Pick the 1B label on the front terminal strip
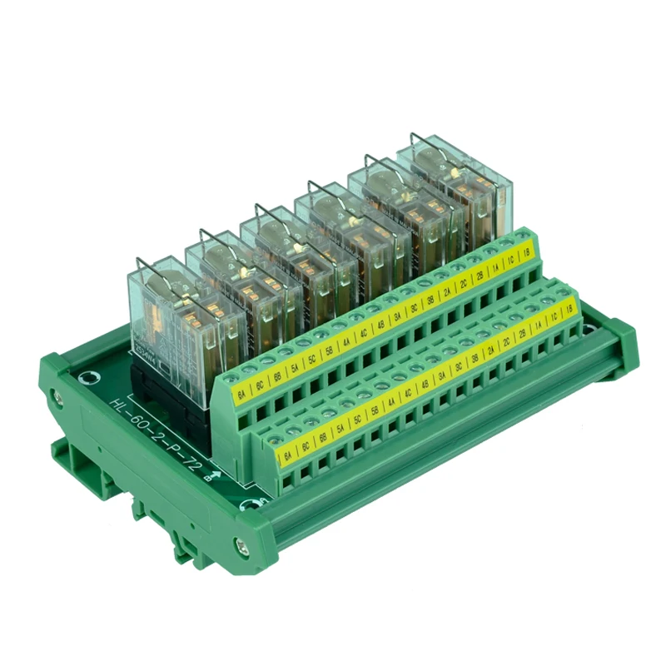(568, 308)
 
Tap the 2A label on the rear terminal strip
(447, 288)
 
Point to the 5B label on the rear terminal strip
(327, 346)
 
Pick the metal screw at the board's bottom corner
(242, 547)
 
